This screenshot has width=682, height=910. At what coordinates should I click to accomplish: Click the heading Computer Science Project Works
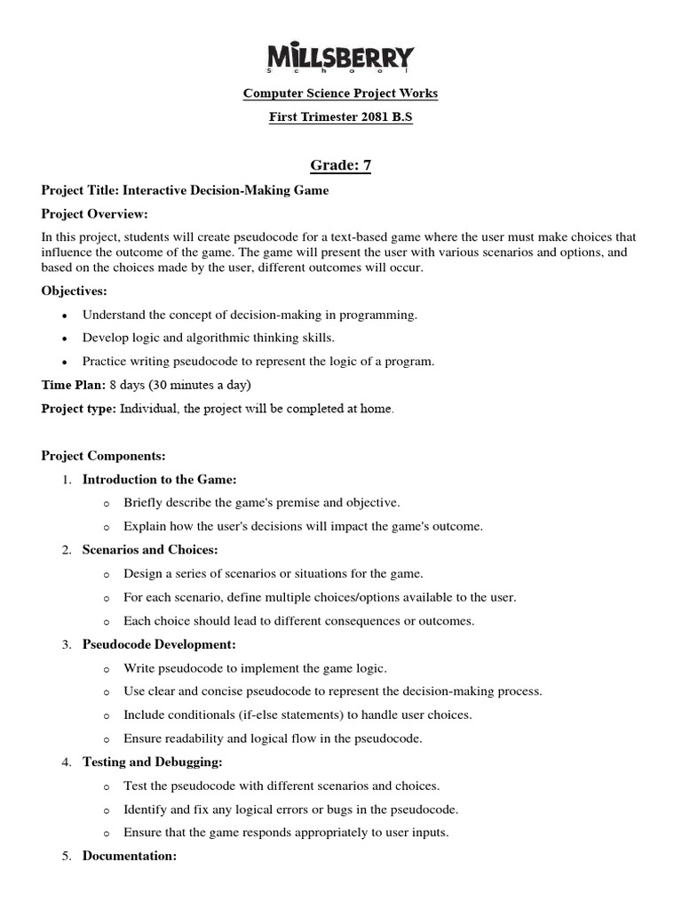341,93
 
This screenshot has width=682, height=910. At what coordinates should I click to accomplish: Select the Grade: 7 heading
340,164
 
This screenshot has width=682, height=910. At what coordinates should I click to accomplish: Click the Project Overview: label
95,214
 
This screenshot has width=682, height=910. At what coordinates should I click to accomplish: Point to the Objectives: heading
75,291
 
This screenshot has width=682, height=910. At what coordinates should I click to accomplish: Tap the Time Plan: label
73,385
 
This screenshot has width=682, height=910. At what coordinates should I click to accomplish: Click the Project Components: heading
104,456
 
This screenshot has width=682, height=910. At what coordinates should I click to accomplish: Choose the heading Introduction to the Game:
160,479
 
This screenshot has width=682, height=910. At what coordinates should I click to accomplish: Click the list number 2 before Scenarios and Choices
67,550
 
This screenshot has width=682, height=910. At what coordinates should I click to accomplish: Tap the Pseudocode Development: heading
159,644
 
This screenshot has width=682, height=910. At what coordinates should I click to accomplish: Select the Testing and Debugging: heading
152,762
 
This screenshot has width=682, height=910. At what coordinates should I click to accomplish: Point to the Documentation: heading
130,856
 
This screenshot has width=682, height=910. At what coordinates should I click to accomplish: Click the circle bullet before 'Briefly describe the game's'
107,503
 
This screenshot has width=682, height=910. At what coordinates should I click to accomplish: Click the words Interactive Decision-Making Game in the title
226,189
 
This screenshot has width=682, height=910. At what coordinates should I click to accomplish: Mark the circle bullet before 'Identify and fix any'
107,810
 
